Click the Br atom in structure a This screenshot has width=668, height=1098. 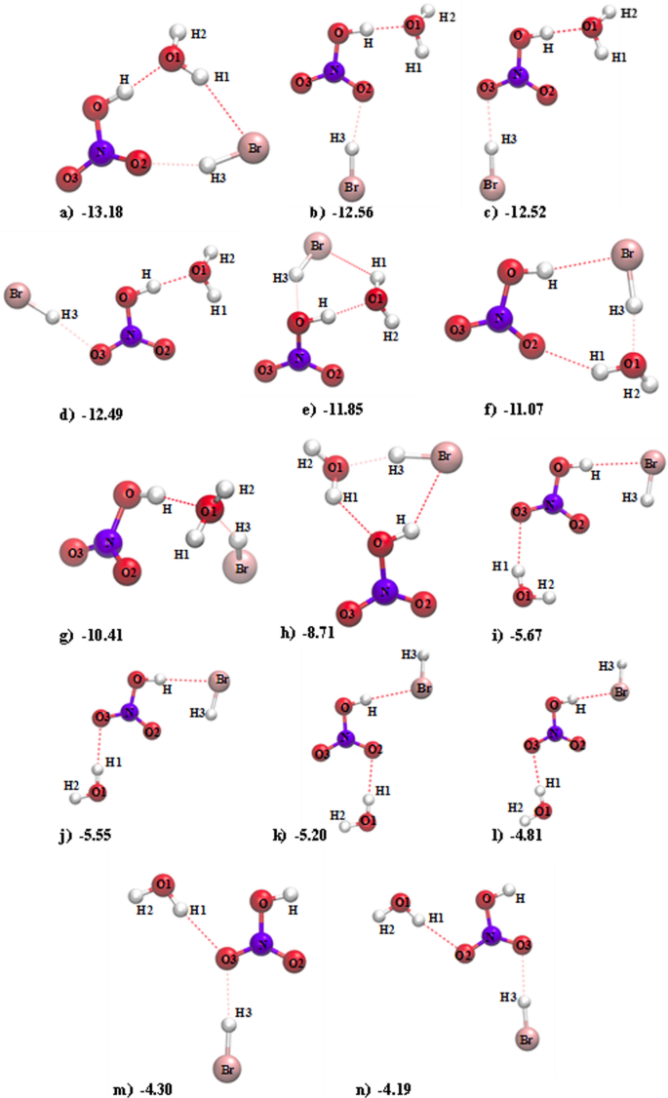click(x=253, y=149)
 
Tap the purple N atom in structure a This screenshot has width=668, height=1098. click(x=99, y=152)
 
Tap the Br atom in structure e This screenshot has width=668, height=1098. click(x=316, y=244)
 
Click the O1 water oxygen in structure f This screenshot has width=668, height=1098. click(x=632, y=366)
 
